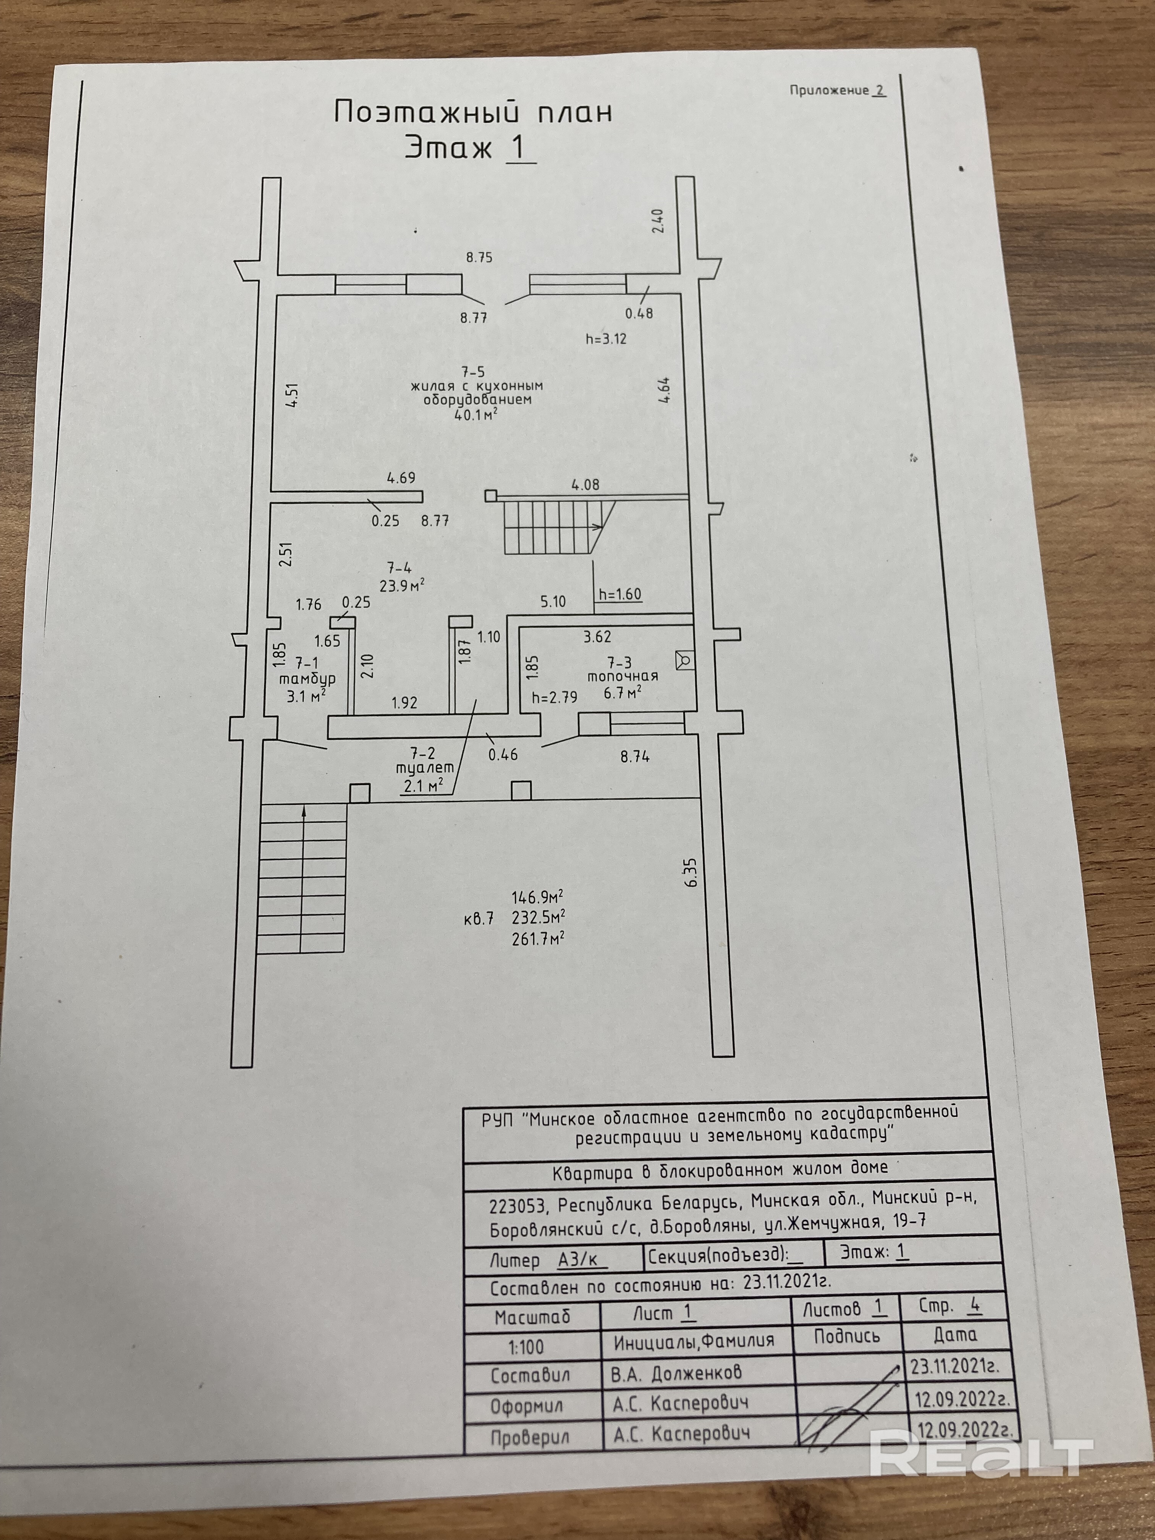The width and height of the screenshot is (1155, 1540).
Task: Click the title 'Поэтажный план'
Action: [473, 112]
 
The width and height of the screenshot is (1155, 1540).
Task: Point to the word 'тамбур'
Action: [307, 679]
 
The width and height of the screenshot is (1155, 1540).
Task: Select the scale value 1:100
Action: [526, 1346]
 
